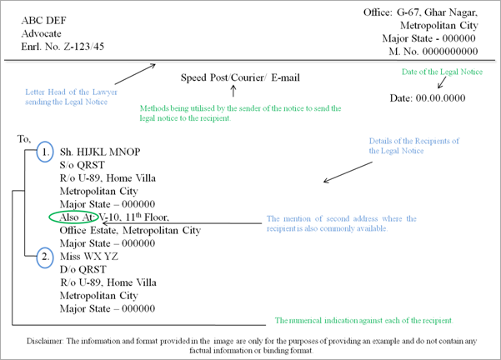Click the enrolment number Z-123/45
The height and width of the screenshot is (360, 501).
83,47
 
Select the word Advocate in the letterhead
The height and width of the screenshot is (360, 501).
41,33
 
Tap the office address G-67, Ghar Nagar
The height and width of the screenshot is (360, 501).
437,12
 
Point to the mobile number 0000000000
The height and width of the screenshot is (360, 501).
450,52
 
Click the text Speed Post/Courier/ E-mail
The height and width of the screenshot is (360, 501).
240,77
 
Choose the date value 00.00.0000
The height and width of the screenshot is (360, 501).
440,98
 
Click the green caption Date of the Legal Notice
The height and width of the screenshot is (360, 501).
442,72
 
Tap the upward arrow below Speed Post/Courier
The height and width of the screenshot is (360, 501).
233,92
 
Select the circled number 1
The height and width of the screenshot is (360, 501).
45,152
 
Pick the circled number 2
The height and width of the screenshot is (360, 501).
45,257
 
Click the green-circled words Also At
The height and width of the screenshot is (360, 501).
77,217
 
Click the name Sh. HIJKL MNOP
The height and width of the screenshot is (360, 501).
100,152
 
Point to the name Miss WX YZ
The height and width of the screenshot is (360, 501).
89,257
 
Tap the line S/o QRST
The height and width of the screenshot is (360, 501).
83,165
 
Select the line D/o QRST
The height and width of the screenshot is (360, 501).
83,270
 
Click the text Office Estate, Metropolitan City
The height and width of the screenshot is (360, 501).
130,231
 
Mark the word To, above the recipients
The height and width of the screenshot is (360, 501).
24,139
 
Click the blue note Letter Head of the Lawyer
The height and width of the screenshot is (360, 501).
71,92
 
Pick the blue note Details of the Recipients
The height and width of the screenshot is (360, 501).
414,141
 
